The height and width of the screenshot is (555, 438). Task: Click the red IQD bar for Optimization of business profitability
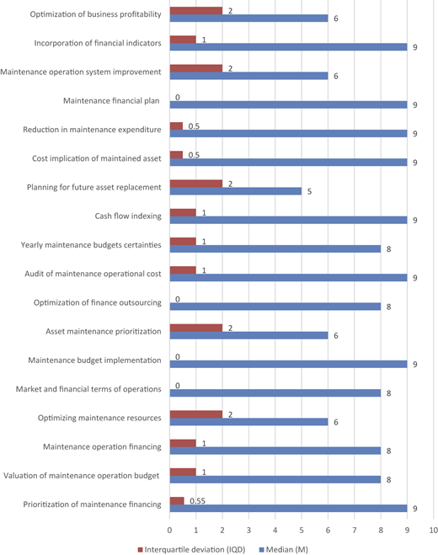click(196, 11)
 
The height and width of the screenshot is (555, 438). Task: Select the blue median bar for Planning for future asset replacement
click(236, 191)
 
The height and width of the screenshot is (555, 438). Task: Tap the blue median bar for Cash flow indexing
click(289, 220)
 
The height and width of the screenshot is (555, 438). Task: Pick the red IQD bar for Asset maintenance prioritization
click(196, 328)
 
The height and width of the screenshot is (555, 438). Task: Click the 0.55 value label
click(198, 501)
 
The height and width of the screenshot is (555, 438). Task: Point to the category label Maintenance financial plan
click(111, 101)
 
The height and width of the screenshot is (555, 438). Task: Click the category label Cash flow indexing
click(128, 216)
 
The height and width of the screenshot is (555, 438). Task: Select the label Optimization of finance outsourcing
click(98, 302)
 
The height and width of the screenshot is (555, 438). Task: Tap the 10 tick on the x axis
click(434, 531)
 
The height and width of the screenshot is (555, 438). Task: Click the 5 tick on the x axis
click(302, 531)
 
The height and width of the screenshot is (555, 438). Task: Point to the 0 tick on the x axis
click(169, 531)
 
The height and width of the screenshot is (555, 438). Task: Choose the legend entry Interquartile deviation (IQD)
click(191, 550)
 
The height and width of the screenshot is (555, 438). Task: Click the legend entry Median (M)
click(284, 550)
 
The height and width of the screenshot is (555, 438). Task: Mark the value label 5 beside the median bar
click(309, 191)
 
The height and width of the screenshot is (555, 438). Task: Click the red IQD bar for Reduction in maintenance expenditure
click(176, 126)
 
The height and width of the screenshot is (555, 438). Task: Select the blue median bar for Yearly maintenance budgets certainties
click(275, 248)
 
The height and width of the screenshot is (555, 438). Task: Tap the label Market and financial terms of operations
click(88, 389)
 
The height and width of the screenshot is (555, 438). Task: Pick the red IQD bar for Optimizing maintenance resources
click(196, 414)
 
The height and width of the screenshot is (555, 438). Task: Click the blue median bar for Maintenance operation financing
click(275, 451)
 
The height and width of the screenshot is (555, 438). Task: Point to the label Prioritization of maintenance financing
click(92, 504)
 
